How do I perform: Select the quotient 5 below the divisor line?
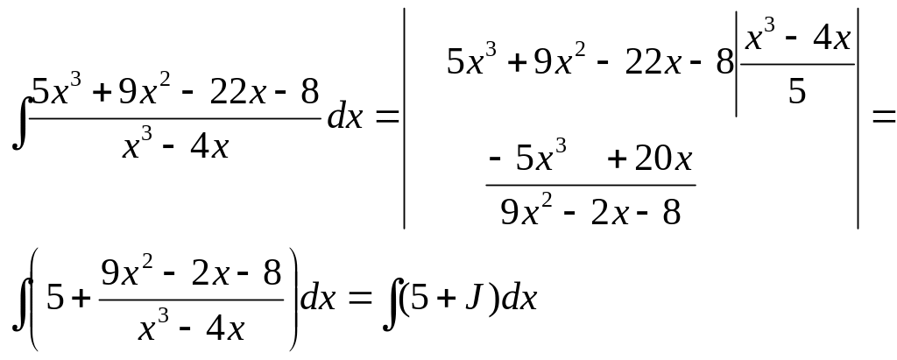click(797, 91)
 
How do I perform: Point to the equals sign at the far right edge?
click(883, 117)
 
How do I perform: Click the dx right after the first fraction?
click(345, 117)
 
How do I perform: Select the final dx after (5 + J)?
click(519, 298)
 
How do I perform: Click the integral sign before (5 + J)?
click(392, 303)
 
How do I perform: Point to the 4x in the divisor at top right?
click(831, 39)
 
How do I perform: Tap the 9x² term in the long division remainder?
click(526, 210)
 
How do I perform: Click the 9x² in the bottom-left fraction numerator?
click(127, 272)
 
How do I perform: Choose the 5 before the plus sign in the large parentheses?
click(55, 298)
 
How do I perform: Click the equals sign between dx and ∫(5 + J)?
click(360, 298)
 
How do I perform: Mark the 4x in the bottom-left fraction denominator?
click(225, 329)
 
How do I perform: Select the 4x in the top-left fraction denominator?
click(209, 147)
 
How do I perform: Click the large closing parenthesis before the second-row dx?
click(293, 299)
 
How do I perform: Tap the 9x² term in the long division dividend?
click(560, 60)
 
